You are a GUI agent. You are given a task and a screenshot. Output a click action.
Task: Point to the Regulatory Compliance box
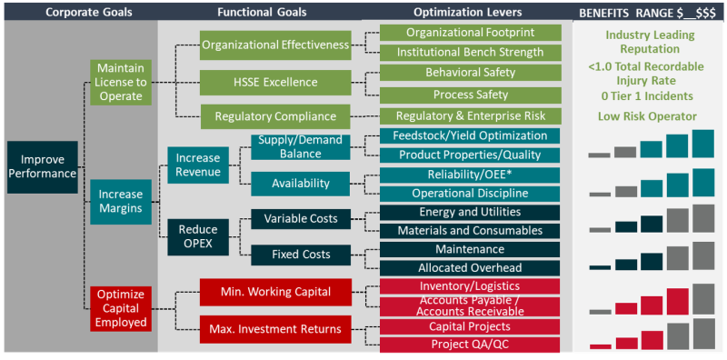[x=274, y=116]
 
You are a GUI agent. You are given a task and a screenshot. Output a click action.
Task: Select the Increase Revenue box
[x=197, y=165]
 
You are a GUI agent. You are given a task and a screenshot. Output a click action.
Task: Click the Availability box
[x=300, y=183]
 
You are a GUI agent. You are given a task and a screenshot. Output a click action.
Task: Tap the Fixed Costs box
[x=300, y=254]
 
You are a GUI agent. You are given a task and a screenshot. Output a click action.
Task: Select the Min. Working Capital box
[x=274, y=292]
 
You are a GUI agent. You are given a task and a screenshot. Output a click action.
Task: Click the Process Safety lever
[x=470, y=94]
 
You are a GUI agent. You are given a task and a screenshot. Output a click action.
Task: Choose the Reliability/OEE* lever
[x=470, y=175]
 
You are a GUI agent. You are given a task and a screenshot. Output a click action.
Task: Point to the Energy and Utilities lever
[x=470, y=212]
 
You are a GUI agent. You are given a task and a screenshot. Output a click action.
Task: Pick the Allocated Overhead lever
[x=470, y=267]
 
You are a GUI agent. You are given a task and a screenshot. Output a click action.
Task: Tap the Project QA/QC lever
[x=470, y=345]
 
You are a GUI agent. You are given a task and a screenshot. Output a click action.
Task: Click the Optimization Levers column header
[x=468, y=12]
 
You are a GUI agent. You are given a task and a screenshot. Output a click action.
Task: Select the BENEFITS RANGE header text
[x=647, y=12]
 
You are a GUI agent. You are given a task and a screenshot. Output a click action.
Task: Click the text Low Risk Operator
[x=647, y=115]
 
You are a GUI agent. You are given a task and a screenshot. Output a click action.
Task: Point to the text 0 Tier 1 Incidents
[x=647, y=96]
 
